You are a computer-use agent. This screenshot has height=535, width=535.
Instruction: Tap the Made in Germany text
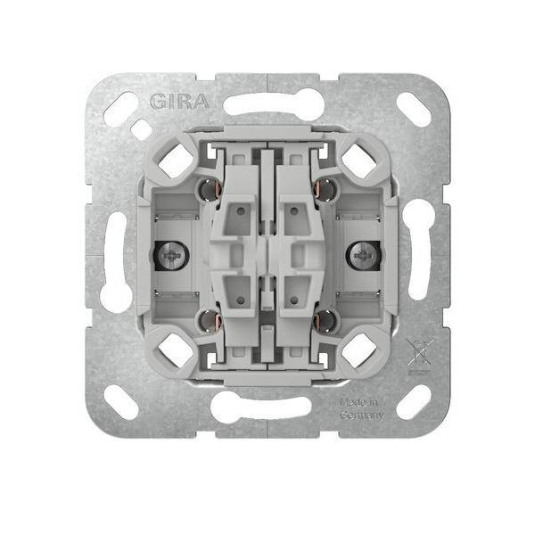pos(361,409)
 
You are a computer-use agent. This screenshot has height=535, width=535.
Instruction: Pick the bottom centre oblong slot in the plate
pos(267,407)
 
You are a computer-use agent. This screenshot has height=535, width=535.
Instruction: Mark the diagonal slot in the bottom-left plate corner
pos(121,403)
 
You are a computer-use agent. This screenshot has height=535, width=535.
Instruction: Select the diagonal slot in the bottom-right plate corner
pos(413,403)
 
